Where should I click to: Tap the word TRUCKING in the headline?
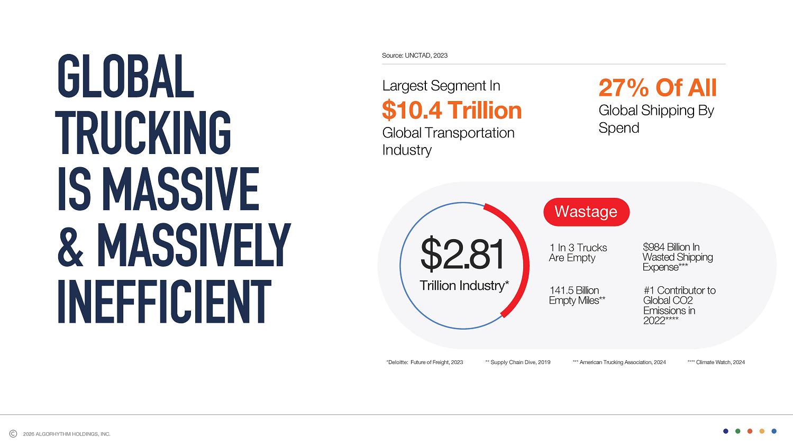(x=143, y=132)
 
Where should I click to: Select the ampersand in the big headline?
(x=71, y=245)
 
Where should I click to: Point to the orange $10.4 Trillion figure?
(x=452, y=110)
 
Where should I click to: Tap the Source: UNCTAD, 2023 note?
(x=415, y=56)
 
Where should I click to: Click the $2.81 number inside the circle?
(x=462, y=254)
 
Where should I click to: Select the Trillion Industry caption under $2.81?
(x=464, y=286)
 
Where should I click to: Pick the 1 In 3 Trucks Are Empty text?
(x=578, y=253)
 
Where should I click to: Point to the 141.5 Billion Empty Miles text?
(x=577, y=296)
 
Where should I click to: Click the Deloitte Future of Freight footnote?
(x=425, y=362)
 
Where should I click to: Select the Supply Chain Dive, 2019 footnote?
(x=517, y=362)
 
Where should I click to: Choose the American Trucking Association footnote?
(x=619, y=362)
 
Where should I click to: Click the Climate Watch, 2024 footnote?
(x=716, y=362)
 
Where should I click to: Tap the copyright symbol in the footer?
(x=13, y=434)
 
